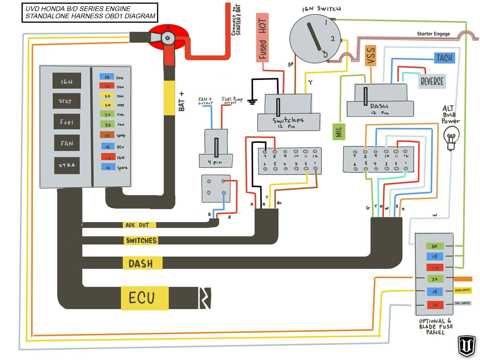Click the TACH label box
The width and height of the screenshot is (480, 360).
[444, 58]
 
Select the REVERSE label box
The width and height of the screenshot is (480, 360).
[432, 81]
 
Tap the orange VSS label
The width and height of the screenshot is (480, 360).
[371, 55]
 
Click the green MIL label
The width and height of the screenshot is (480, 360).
[338, 132]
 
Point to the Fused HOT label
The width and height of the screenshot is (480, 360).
[262, 38]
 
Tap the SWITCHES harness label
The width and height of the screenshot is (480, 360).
[141, 240]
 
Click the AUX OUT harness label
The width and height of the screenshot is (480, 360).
[137, 225]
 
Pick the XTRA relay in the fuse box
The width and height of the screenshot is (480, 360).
[67, 165]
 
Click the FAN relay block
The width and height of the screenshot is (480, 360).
[67, 143]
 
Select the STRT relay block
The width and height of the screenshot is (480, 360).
[66, 101]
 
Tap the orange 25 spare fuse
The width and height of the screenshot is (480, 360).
[107, 135]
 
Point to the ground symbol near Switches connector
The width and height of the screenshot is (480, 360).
[252, 102]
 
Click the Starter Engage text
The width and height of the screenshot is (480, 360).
[433, 34]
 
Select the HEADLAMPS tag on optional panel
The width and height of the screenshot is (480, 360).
[462, 290]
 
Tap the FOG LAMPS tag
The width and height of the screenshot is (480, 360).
[462, 303]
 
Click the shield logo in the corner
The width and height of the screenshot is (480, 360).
[467, 346]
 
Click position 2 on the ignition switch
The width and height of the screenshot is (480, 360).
[333, 39]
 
